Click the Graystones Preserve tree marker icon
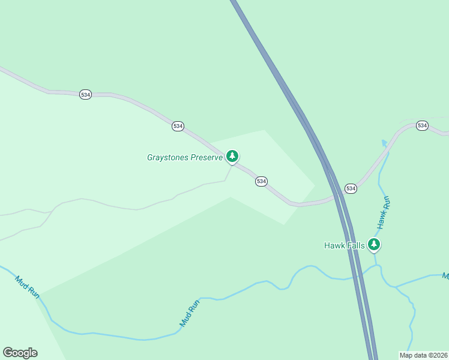[x=232, y=157]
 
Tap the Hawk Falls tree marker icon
[x=374, y=244]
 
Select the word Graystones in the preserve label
[x=168, y=158]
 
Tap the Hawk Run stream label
[x=384, y=212]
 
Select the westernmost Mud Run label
[x=28, y=287]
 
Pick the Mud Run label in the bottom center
[x=189, y=313]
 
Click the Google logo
[x=20, y=353]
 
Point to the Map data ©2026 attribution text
[x=423, y=355]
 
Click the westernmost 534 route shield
[x=85, y=95]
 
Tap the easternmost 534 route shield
[x=422, y=125]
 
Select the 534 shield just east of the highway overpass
[x=351, y=188]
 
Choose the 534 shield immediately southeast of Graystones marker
[x=261, y=181]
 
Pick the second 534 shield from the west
[x=178, y=126]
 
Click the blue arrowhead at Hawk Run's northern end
[x=384, y=143]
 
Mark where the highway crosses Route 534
[x=336, y=197]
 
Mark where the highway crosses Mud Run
[x=358, y=275]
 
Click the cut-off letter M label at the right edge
[x=445, y=276]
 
